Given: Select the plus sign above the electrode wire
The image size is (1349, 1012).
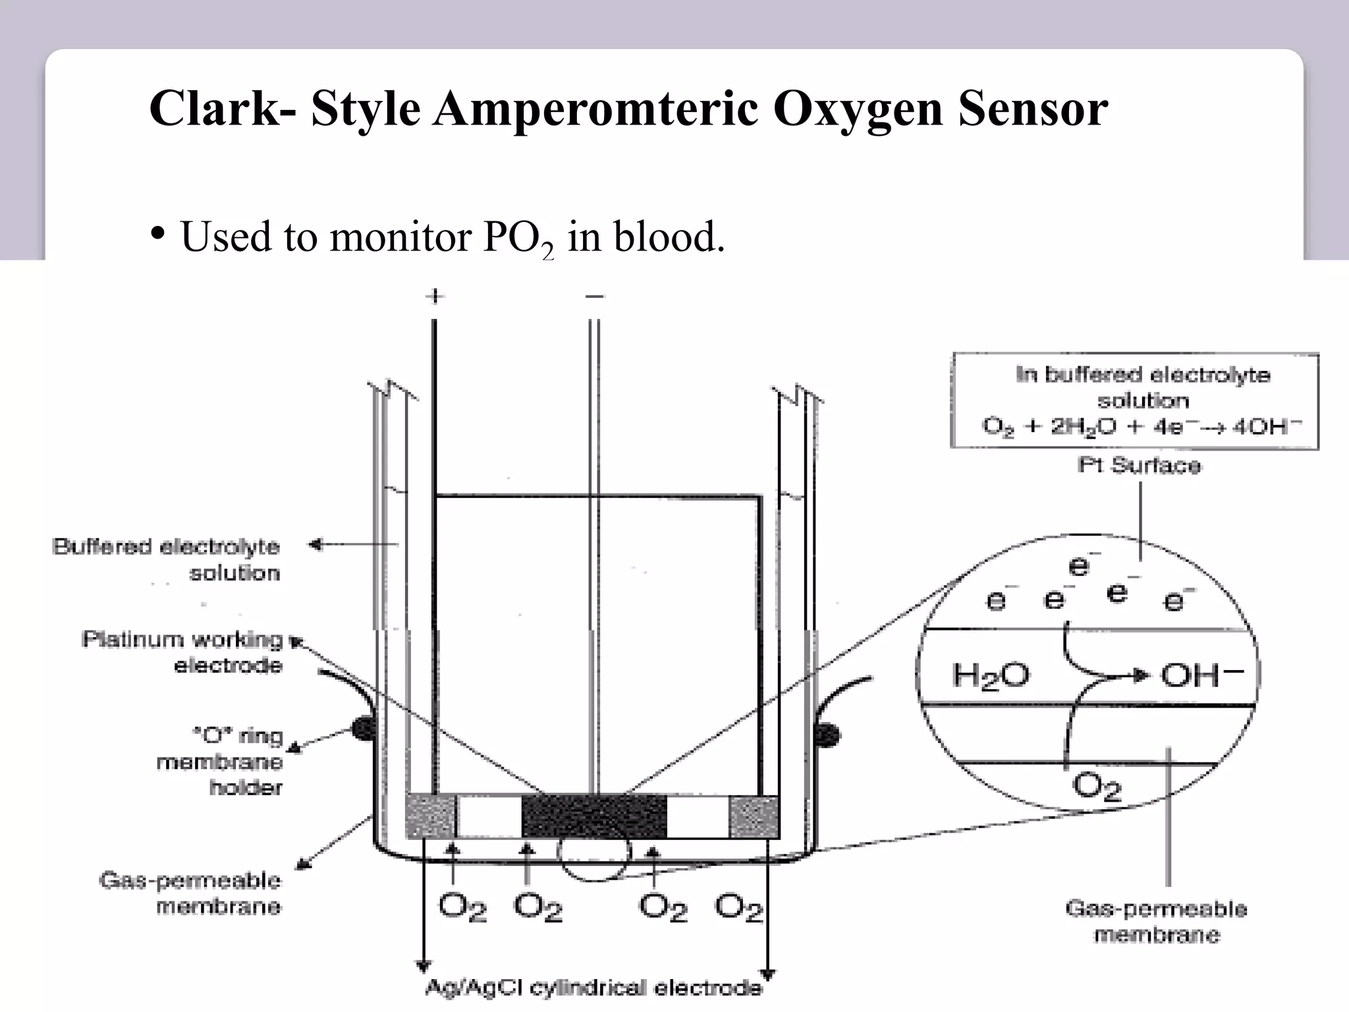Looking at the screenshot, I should tap(434, 296).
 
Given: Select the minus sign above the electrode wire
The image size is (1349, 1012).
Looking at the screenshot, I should tap(594, 296).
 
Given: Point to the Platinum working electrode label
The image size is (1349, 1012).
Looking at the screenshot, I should tap(183, 652).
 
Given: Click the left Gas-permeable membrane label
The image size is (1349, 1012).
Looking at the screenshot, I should tap(191, 893).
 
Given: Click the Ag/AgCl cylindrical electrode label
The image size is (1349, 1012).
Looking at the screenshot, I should tap(593, 988).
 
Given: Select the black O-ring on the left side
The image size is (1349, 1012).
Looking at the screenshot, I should tap(362, 728).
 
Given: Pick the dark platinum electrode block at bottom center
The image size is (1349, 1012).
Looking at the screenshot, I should tap(594, 816).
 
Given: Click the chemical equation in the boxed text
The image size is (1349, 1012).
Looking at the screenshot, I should tap(1142, 426).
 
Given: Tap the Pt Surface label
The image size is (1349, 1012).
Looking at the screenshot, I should tap(1139, 465).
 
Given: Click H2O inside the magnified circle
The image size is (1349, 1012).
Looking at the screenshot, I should tap(990, 675).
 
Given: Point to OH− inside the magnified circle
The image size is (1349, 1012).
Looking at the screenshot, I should tap(1201, 675).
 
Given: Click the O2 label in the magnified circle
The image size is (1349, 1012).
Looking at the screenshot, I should tap(1096, 786).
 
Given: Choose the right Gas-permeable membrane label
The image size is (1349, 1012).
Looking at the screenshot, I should tap(1157, 921).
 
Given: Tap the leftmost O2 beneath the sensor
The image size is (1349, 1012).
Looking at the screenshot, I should tap(462, 907).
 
